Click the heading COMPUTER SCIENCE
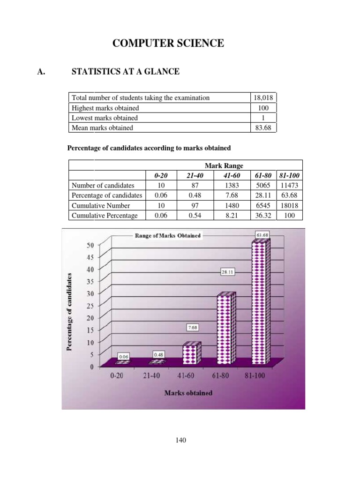(168, 44)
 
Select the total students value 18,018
(263, 97)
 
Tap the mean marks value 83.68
(263, 127)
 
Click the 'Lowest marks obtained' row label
(104, 118)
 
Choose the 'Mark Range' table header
(224, 165)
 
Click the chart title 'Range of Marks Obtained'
(168, 235)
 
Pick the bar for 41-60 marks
(191, 353)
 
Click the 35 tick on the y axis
(90, 281)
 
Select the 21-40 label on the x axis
(151, 376)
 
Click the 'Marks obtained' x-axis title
(188, 393)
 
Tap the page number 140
(180, 440)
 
